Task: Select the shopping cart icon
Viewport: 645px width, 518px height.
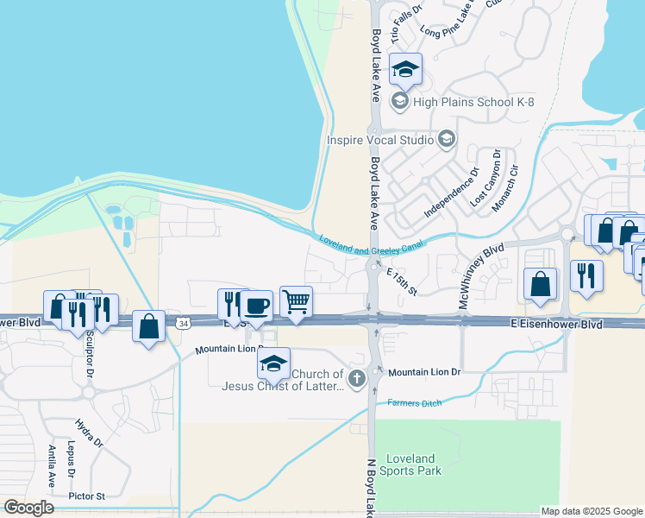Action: tap(296, 301)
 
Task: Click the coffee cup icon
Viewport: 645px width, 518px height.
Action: tap(255, 305)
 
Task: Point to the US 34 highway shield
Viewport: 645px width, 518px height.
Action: tap(182, 323)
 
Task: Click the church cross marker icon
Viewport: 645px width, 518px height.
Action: tap(356, 376)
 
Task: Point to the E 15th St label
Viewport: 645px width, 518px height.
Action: tap(402, 282)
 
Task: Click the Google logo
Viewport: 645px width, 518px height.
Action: tap(28, 508)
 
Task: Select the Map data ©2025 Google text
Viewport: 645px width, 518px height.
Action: tap(591, 511)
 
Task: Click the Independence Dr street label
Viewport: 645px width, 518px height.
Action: tap(451, 192)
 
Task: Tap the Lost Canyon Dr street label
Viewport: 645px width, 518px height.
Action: tap(485, 178)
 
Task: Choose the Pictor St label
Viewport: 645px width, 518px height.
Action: tap(88, 496)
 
